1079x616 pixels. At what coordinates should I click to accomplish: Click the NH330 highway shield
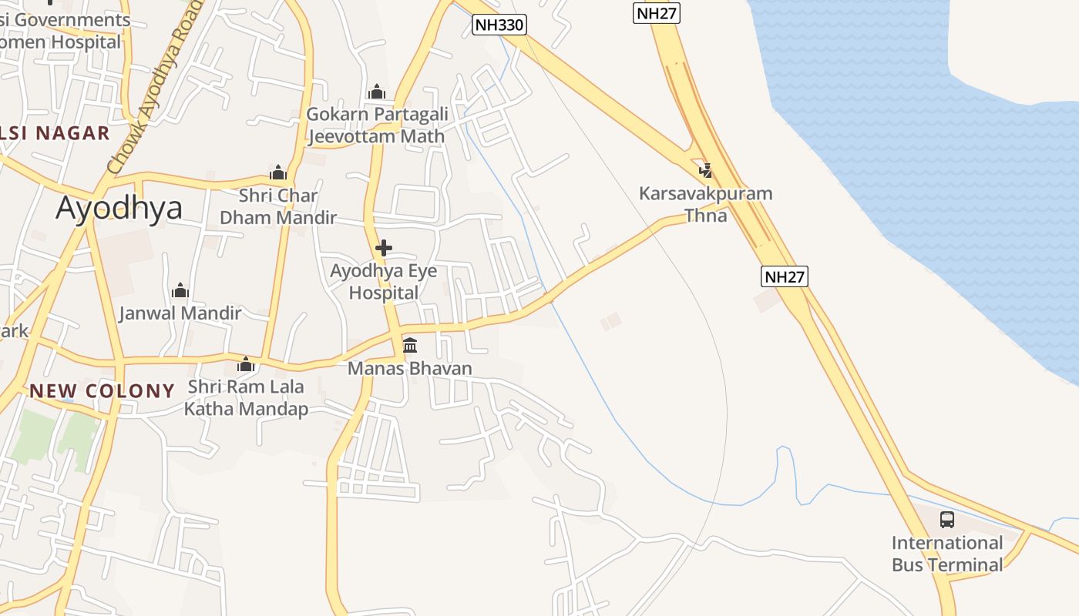coord(499,25)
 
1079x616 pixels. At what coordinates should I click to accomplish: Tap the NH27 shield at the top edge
coord(657,12)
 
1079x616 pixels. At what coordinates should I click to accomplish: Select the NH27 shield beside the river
coord(785,276)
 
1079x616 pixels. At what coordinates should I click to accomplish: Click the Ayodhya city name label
coord(119,208)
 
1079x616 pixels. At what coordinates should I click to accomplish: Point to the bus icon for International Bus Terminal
coord(947,520)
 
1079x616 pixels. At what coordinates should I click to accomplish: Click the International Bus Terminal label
coord(947,554)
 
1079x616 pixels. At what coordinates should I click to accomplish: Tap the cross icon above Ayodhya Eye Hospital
coord(383,248)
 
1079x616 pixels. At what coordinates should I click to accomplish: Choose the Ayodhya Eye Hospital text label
coord(383,282)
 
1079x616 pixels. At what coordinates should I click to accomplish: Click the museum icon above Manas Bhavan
coord(410,345)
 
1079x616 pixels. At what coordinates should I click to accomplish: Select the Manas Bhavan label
coord(410,369)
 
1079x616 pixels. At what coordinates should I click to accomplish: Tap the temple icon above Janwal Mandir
coord(180,290)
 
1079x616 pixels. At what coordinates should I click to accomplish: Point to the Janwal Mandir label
coord(180,313)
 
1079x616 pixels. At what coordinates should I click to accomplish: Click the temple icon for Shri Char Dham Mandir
coord(278,172)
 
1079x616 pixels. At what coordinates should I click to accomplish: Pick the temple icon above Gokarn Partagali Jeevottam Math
coord(377,92)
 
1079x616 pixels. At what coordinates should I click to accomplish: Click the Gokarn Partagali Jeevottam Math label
coord(377,126)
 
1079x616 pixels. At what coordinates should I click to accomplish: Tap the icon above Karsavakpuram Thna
coord(705,170)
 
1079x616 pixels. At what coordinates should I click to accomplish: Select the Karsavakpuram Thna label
coord(705,204)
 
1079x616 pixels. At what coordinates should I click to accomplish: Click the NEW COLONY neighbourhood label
coord(103,391)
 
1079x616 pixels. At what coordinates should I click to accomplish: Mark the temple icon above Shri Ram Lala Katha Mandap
coord(246,364)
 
